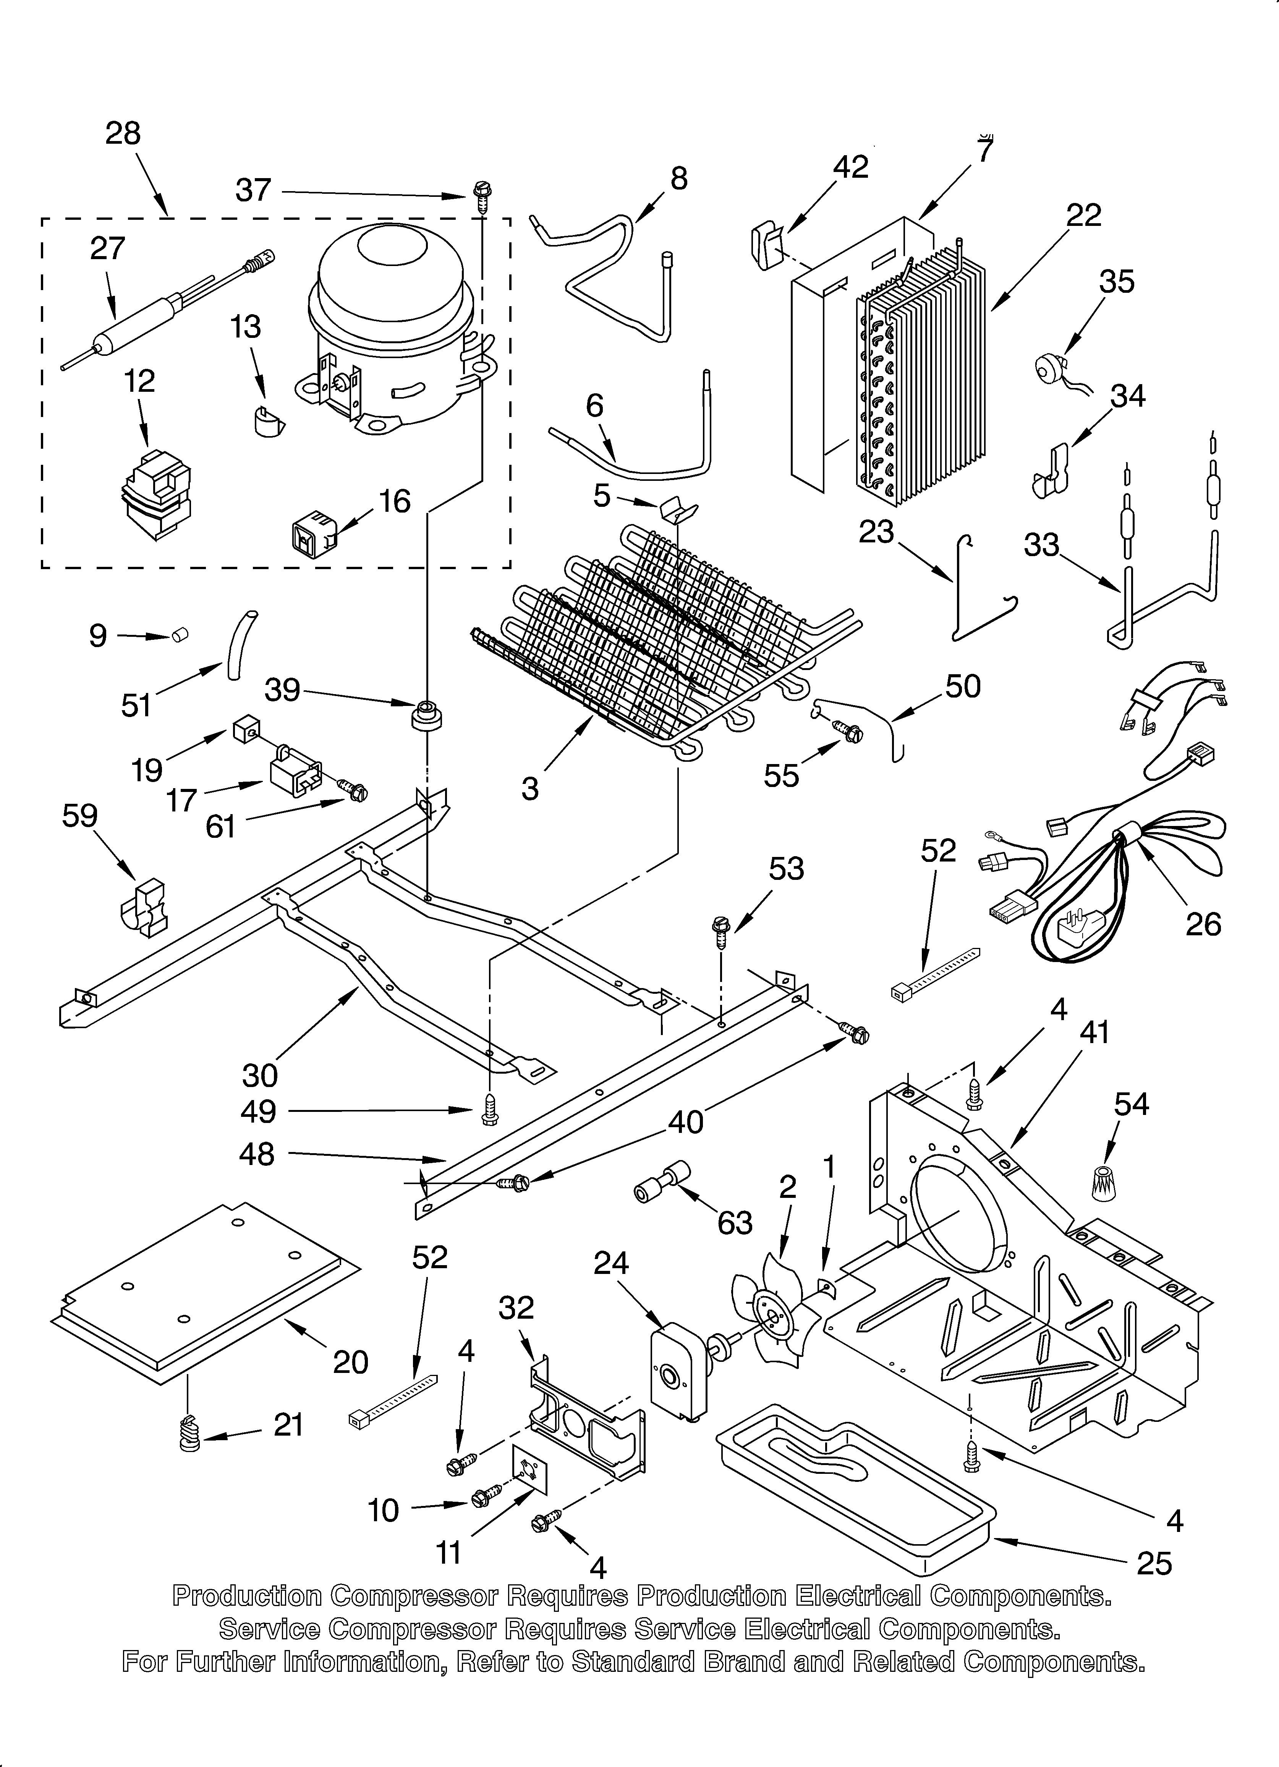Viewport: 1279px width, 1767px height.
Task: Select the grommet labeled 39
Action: [x=425, y=715]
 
